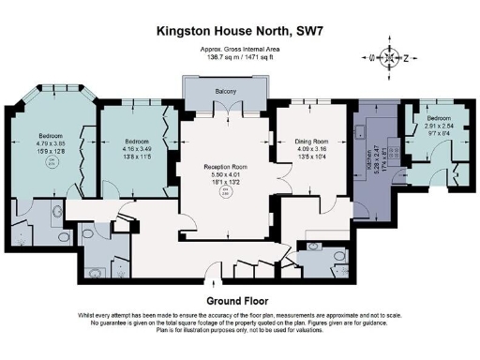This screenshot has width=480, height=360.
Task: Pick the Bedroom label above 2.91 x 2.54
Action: (x=438, y=119)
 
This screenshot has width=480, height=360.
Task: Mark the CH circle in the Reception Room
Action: (x=223, y=193)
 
